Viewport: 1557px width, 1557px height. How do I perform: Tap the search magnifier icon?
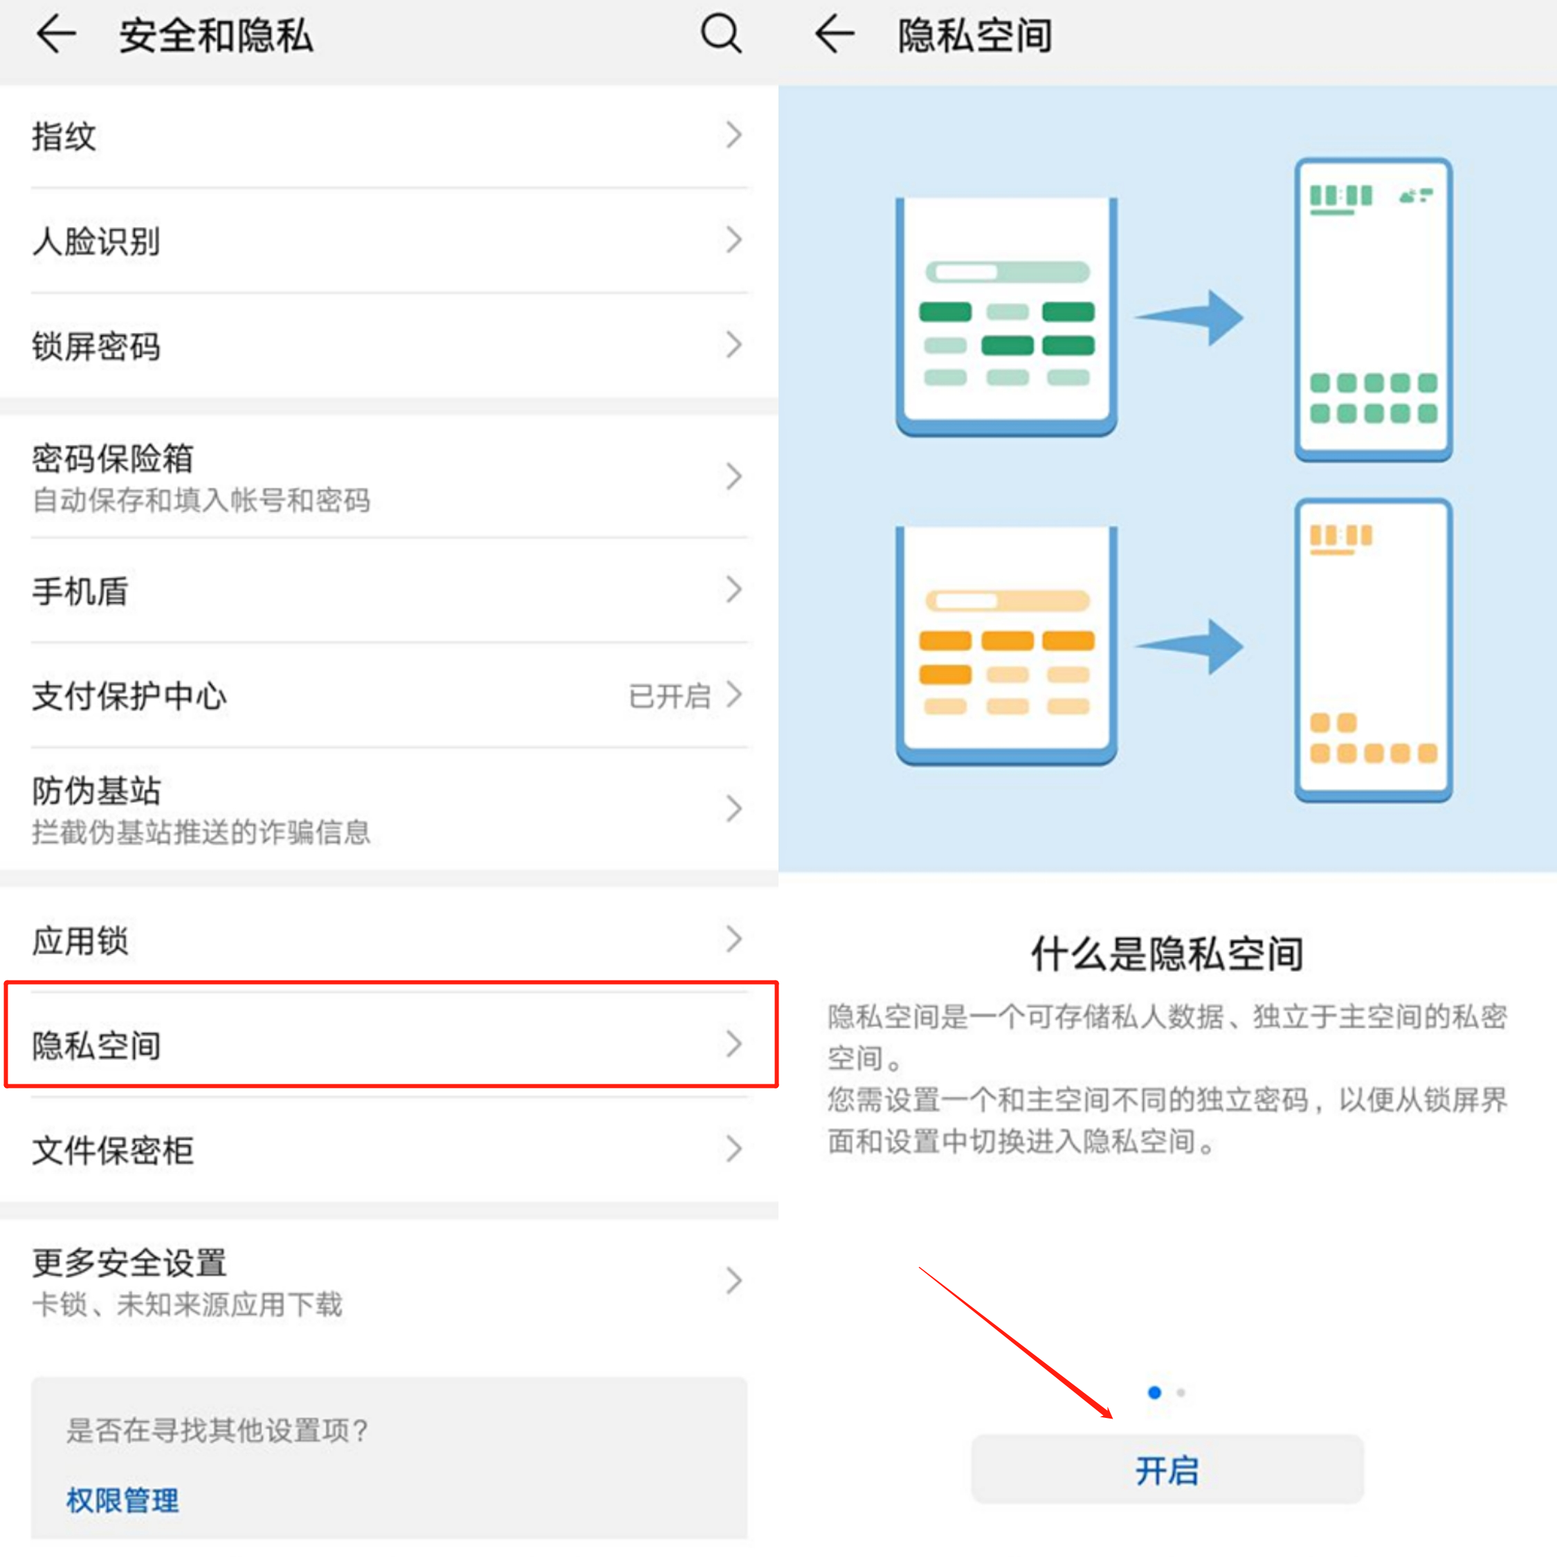[x=721, y=34]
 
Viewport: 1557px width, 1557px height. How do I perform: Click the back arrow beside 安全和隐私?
[x=57, y=35]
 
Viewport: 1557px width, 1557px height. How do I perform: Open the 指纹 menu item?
[x=64, y=136]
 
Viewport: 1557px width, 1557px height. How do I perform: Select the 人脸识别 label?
[x=97, y=241]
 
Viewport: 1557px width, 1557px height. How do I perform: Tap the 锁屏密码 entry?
[x=97, y=347]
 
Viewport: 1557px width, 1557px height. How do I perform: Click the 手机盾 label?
[x=80, y=592]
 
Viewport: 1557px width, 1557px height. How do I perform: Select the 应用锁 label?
[x=80, y=940]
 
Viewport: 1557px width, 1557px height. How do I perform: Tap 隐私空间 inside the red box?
[x=97, y=1045]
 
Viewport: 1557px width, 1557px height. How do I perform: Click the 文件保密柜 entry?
[x=113, y=1150]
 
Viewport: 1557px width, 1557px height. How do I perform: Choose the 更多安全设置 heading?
[x=129, y=1263]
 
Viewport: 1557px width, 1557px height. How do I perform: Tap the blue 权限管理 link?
[x=122, y=1500]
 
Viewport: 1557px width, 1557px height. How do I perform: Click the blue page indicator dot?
[x=1154, y=1392]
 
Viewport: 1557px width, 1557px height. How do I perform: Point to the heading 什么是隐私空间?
[x=1167, y=954]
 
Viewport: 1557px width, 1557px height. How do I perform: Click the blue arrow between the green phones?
[x=1190, y=318]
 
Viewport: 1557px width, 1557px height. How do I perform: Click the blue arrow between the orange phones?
[x=1190, y=646]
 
